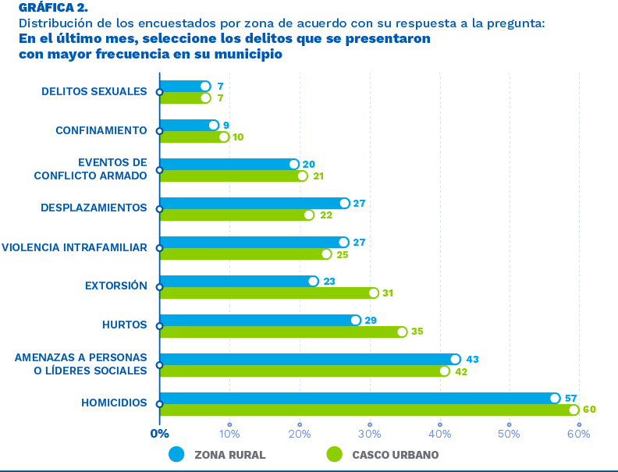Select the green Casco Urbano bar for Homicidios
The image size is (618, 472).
367,410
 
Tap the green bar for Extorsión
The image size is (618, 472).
265,293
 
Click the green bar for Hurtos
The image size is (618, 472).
281,332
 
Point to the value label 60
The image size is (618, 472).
589,410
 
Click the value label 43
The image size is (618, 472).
471,359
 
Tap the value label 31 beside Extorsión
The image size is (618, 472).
387,293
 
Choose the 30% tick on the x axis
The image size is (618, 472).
369,433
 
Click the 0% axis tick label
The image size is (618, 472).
159,433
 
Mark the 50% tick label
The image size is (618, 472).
509,433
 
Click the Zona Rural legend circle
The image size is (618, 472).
176,454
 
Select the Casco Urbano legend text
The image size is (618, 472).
395,454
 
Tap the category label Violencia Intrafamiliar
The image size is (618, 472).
74,247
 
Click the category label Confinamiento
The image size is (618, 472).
101,130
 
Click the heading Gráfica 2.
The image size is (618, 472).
53,8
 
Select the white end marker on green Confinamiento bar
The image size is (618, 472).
224,137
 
